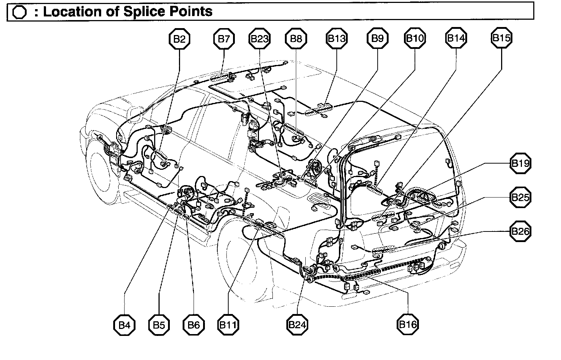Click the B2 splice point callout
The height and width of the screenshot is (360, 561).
tap(179, 39)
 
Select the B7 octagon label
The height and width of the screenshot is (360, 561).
tap(224, 39)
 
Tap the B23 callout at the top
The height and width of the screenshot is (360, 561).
tap(260, 39)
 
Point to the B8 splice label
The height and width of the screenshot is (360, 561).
tap(296, 39)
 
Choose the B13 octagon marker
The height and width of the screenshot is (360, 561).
tap(336, 39)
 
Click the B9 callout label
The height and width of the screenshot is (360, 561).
tap(377, 38)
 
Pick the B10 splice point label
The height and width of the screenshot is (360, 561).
tap(415, 38)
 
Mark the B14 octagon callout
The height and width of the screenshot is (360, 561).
tap(456, 38)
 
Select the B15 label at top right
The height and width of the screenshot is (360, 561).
tap(501, 38)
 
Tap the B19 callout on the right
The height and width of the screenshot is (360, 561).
tap(520, 163)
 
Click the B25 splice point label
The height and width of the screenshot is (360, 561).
tap(520, 198)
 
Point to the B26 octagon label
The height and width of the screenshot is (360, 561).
tap(520, 231)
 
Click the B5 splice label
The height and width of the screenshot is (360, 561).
tap(159, 325)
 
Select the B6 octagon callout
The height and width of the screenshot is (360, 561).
tap(194, 325)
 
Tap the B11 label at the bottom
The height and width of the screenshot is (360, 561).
tap(228, 325)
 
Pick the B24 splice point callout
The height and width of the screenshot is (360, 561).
tap(297, 325)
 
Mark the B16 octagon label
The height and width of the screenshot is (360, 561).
tap(407, 324)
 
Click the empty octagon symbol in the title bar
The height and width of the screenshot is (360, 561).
tap(19, 12)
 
